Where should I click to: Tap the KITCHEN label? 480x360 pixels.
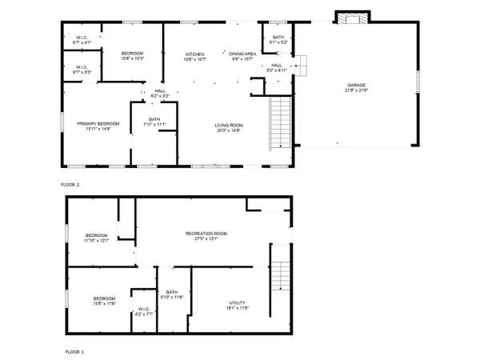[x=195, y=54]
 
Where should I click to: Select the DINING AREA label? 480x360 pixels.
[x=242, y=54]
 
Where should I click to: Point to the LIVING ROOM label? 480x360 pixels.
[x=228, y=125]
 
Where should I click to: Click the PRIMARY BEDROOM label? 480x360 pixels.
[x=98, y=123]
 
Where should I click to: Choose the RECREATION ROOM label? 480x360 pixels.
[x=206, y=234]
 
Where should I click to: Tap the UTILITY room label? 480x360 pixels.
[x=238, y=303]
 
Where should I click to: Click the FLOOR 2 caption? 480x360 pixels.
[x=70, y=185]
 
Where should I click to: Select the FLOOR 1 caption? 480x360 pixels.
[x=74, y=351]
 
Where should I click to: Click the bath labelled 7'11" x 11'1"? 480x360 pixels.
[x=154, y=122]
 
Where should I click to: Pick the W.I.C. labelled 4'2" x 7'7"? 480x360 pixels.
[x=143, y=311]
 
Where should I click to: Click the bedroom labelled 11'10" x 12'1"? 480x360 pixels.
[x=97, y=238]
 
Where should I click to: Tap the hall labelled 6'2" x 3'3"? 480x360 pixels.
[x=160, y=94]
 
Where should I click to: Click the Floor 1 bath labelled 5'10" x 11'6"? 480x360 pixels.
[x=172, y=294]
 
